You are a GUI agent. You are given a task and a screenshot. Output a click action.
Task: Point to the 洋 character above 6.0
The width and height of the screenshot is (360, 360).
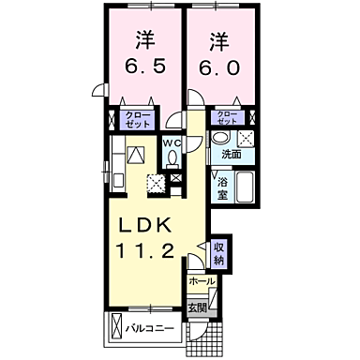(x=219, y=41)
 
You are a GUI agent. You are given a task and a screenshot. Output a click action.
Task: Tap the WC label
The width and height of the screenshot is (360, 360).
(x=172, y=142)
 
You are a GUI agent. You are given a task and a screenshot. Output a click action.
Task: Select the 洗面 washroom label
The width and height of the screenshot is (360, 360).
(x=231, y=155)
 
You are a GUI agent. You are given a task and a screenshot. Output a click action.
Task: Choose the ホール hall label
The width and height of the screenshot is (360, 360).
(x=201, y=281)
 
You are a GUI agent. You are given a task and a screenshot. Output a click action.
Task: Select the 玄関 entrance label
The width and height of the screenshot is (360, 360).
(x=198, y=307)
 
